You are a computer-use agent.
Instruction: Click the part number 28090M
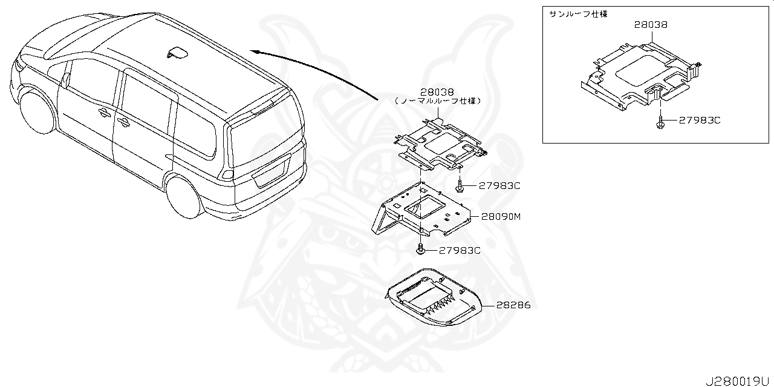pyautogui.click(x=501, y=216)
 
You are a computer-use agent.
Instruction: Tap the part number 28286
pyautogui.click(x=513, y=305)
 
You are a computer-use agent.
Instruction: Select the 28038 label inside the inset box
pyautogui.click(x=651, y=25)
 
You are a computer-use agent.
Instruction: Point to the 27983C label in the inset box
pyautogui.click(x=700, y=121)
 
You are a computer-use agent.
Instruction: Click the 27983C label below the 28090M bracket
pyautogui.click(x=460, y=250)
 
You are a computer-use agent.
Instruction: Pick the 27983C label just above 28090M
pyautogui.click(x=499, y=186)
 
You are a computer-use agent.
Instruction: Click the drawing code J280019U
pyautogui.click(x=740, y=381)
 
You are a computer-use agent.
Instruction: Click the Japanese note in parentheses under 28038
pyautogui.click(x=438, y=102)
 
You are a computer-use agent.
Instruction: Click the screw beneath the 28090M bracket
pyautogui.click(x=420, y=248)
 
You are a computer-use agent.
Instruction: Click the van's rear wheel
pyautogui.click(x=184, y=197)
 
